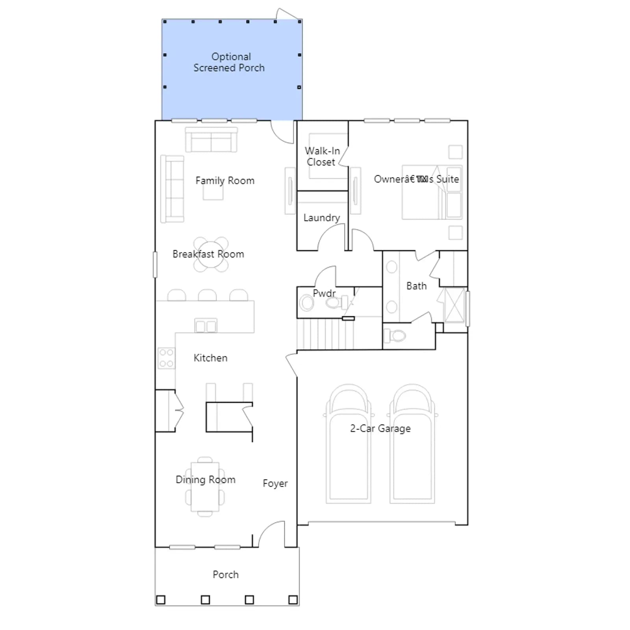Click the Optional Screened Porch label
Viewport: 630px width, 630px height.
[x=229, y=62]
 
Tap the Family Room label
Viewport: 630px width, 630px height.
[x=225, y=181]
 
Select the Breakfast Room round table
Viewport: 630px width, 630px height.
[x=211, y=254]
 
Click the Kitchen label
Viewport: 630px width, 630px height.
[x=211, y=358]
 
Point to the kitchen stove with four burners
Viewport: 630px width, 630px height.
[x=166, y=358]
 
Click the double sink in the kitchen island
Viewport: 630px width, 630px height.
[x=206, y=326]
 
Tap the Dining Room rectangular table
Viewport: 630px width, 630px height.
[x=205, y=487]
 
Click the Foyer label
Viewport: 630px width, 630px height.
[x=275, y=483]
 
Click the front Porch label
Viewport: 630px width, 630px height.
[x=226, y=574]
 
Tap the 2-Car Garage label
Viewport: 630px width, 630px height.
[x=380, y=428]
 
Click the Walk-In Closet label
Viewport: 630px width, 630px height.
[x=322, y=156]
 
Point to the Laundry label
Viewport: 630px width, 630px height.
[x=322, y=218]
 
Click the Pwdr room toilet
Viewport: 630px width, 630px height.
[x=335, y=303]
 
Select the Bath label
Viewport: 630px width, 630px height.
[x=417, y=286]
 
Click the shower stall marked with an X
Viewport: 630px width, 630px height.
[x=455, y=305]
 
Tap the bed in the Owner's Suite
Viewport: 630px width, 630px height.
[x=432, y=192]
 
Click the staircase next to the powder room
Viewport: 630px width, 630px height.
[x=325, y=334]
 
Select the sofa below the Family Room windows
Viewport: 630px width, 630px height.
[x=211, y=139]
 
